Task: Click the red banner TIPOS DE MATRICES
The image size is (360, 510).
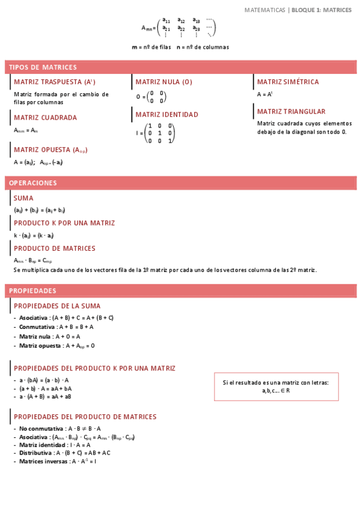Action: pos(180,67)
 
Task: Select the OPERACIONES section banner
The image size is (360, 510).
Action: pos(180,183)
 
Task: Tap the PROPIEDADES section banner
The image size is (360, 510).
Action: pos(180,290)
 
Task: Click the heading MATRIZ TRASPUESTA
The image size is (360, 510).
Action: pos(55,82)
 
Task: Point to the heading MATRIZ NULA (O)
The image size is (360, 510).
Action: pos(164,82)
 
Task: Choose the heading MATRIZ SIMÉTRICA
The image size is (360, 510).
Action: pos(288,82)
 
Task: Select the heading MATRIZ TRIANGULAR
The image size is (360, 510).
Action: pos(291,111)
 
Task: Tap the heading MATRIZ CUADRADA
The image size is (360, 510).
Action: pos(45,118)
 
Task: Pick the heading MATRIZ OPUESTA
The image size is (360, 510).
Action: pos(50,150)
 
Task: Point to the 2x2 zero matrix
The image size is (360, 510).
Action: pos(157,97)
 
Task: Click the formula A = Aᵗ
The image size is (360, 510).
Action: pos(265,94)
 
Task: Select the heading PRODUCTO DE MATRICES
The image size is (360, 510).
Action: pos(55,248)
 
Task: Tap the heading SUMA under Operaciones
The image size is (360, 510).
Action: pos(23,198)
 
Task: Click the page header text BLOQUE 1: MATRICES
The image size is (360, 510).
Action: pos(322,10)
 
